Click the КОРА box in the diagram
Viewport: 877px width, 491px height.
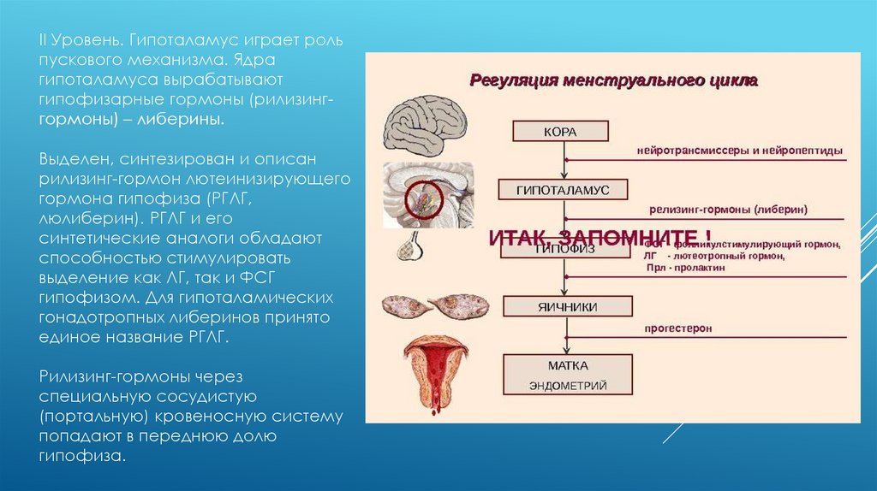(x=561, y=132)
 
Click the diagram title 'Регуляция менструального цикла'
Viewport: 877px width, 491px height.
(x=612, y=81)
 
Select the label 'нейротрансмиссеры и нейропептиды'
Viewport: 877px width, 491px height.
(x=739, y=151)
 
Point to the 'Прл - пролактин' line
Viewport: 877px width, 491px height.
(x=685, y=268)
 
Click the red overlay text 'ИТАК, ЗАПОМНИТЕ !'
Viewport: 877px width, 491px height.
(x=599, y=236)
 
